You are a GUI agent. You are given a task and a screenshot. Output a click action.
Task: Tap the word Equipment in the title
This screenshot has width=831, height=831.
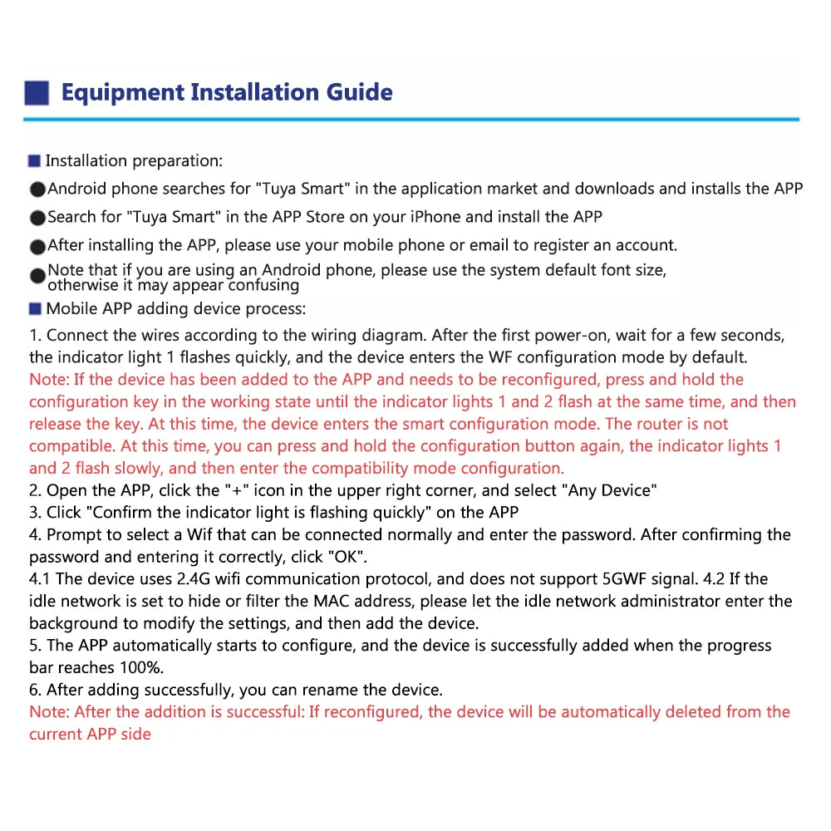click(x=123, y=91)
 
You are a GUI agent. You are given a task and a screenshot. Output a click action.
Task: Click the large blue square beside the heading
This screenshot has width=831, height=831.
click(x=37, y=92)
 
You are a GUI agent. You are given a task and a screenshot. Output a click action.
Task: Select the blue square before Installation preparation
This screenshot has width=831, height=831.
click(x=34, y=160)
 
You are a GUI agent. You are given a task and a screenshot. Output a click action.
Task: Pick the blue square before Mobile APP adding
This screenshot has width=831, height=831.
click(x=34, y=309)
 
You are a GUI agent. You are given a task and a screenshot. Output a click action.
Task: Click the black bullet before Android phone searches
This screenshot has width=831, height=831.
click(x=37, y=189)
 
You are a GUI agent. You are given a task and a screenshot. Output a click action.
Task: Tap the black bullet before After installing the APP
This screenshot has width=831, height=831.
click(x=37, y=246)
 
